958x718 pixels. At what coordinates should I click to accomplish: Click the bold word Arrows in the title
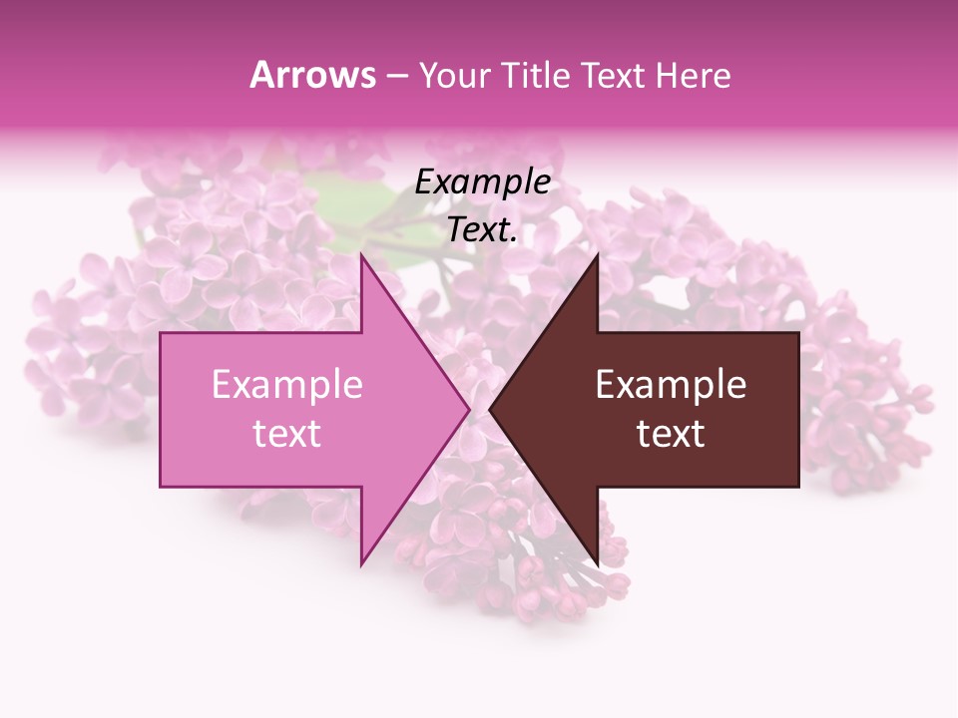click(313, 75)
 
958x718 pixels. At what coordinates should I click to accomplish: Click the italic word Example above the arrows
click(483, 182)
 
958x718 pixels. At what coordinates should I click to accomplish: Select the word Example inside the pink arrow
click(287, 385)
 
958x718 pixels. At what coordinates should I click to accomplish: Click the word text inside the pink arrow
click(287, 434)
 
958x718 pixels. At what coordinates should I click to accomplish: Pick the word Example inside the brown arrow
click(671, 385)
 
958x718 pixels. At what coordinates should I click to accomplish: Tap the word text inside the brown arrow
click(671, 434)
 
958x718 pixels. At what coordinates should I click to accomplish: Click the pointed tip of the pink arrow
click(470, 410)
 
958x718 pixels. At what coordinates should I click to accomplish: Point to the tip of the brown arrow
click(490, 410)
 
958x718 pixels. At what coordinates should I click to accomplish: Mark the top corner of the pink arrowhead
click(362, 254)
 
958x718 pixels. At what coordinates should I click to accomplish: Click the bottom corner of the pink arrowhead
click(362, 565)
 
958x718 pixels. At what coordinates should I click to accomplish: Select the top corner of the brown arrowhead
click(597, 254)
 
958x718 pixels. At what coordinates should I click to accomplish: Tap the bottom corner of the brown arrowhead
click(597, 565)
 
